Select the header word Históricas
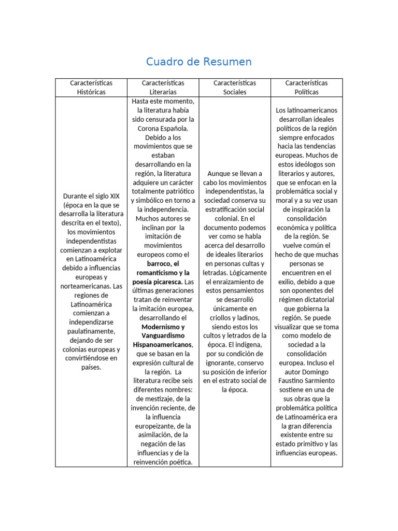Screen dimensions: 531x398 coord(91,92)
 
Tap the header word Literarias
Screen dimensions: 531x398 coord(163,92)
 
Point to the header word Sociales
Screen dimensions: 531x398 coord(235,92)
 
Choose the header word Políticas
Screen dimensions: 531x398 coord(306,92)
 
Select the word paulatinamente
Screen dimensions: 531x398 coord(91,331)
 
